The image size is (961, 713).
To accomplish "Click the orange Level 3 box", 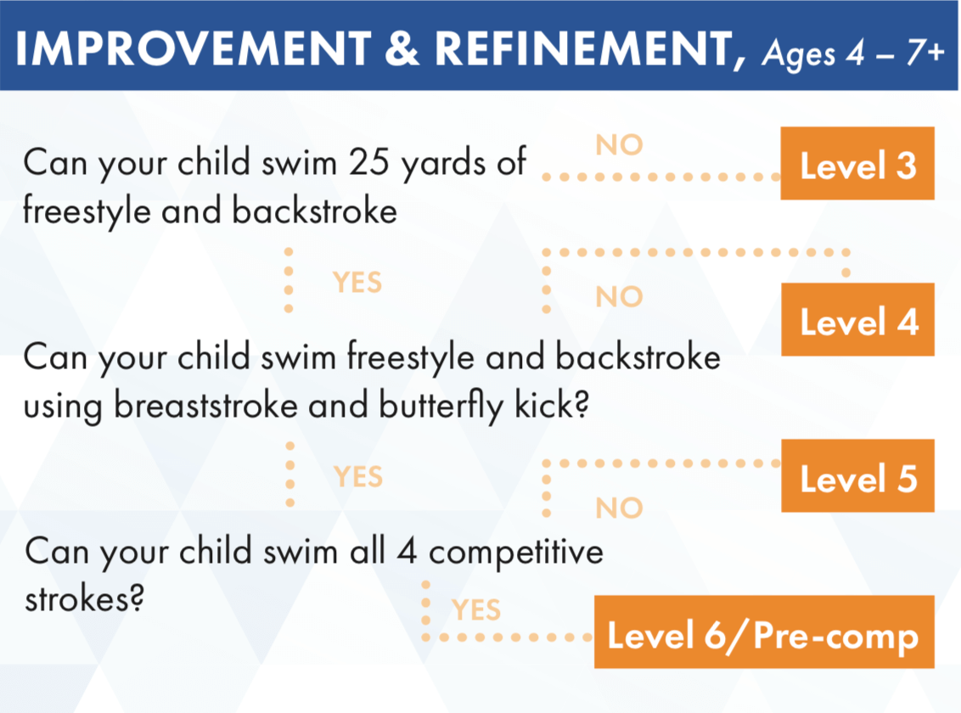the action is point(857,164).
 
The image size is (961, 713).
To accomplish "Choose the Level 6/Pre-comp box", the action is point(764,632).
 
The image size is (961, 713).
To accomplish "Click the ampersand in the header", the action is point(402,48).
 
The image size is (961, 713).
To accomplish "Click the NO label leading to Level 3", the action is point(619,145).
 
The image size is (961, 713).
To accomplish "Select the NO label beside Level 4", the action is point(619,297).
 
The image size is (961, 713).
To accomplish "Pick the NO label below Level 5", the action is point(619,508).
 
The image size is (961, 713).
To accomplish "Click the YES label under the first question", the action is point(357,283).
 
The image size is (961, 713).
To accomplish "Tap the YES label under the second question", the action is point(358,476).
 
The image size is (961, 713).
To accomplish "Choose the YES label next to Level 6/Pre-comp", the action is point(476,610).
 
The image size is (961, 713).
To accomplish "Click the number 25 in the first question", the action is point(369,162).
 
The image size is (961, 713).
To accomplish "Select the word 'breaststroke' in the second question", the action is point(206,406).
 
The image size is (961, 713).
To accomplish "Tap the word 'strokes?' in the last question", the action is point(85,598).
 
